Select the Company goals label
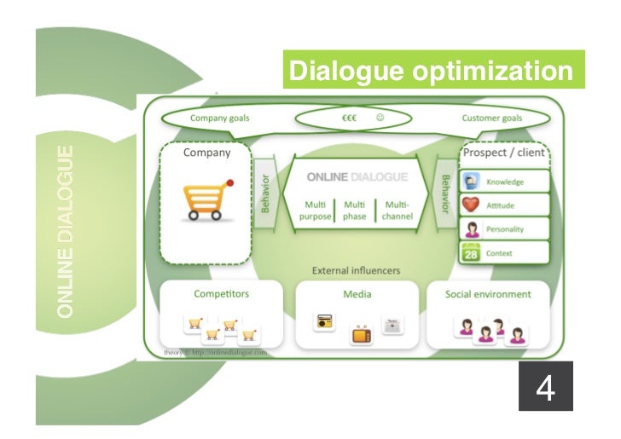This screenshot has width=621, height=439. (219, 118)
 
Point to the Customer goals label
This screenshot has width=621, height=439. (492, 118)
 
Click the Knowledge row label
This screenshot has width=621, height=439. (505, 182)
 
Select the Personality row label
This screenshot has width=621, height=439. (505, 229)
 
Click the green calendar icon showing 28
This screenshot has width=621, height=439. (470, 252)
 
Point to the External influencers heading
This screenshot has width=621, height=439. (357, 271)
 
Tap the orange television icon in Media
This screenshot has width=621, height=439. (362, 333)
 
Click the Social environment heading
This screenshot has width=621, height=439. (488, 294)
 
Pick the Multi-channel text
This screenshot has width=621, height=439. (397, 211)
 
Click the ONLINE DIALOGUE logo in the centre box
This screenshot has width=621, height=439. (357, 177)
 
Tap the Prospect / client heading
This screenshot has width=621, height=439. (502, 153)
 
